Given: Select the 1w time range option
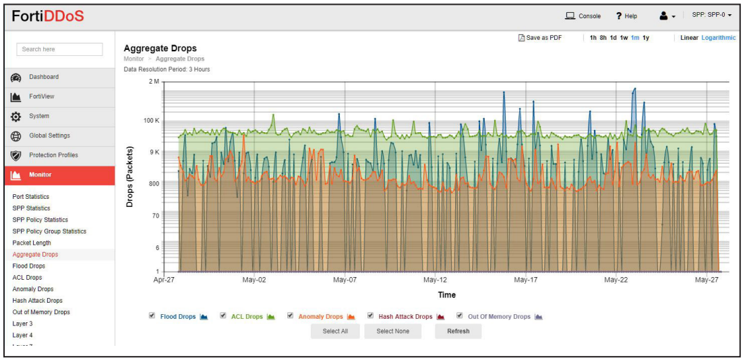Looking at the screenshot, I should [x=624, y=38].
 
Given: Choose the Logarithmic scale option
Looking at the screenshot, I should [x=718, y=38].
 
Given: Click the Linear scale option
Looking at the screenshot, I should [x=689, y=38].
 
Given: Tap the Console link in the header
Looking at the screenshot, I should [x=583, y=16].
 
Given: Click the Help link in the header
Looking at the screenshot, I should [x=626, y=16].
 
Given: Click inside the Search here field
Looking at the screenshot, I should [x=59, y=49].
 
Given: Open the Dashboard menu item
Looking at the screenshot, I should [x=44, y=77].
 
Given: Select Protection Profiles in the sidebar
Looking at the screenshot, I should [x=53, y=155].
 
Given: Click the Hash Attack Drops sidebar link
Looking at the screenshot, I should [x=37, y=301].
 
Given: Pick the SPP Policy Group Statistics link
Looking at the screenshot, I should [x=49, y=231].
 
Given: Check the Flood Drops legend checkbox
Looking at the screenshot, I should [x=152, y=316].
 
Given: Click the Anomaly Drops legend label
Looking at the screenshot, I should [x=320, y=316].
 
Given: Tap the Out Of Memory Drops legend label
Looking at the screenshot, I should [x=499, y=316].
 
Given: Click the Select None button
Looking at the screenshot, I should [x=392, y=331].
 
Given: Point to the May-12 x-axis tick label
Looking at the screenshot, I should [x=435, y=280].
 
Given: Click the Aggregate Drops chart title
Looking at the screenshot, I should [x=160, y=49].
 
